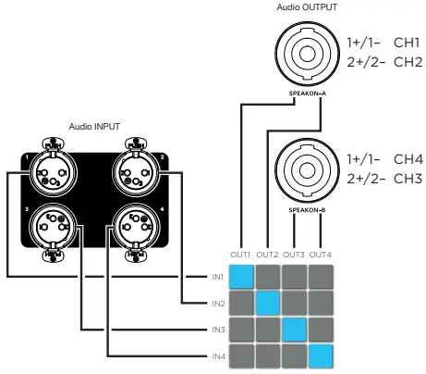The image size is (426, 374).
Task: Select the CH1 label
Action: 408,44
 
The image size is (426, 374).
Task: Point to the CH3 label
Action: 408,177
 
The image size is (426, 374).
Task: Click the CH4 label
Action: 408,158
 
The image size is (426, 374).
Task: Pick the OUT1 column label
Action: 241,254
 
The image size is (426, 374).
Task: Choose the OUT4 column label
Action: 321,254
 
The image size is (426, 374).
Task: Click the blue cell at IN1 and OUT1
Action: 241,276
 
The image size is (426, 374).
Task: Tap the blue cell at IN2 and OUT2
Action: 268,303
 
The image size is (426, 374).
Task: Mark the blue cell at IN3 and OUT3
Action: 295,330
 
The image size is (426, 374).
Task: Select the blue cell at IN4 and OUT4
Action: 321,355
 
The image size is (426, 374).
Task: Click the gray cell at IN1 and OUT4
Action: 321,276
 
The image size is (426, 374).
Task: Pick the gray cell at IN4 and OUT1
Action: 241,355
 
